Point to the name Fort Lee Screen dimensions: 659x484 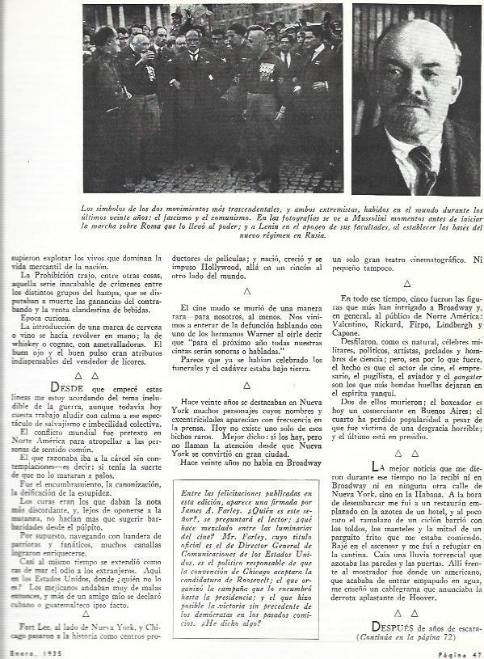click(x=29, y=628)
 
